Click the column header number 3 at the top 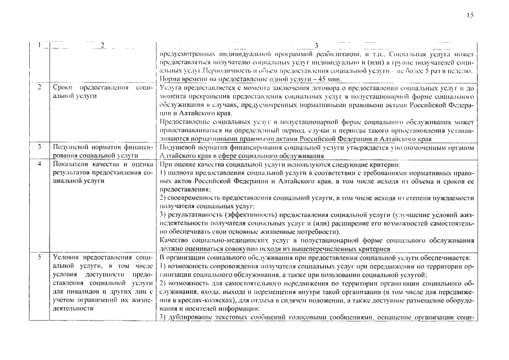pyautogui.click(x=316, y=45)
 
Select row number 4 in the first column pyautogui.click(x=39, y=164)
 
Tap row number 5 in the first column pyautogui.click(x=39, y=257)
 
